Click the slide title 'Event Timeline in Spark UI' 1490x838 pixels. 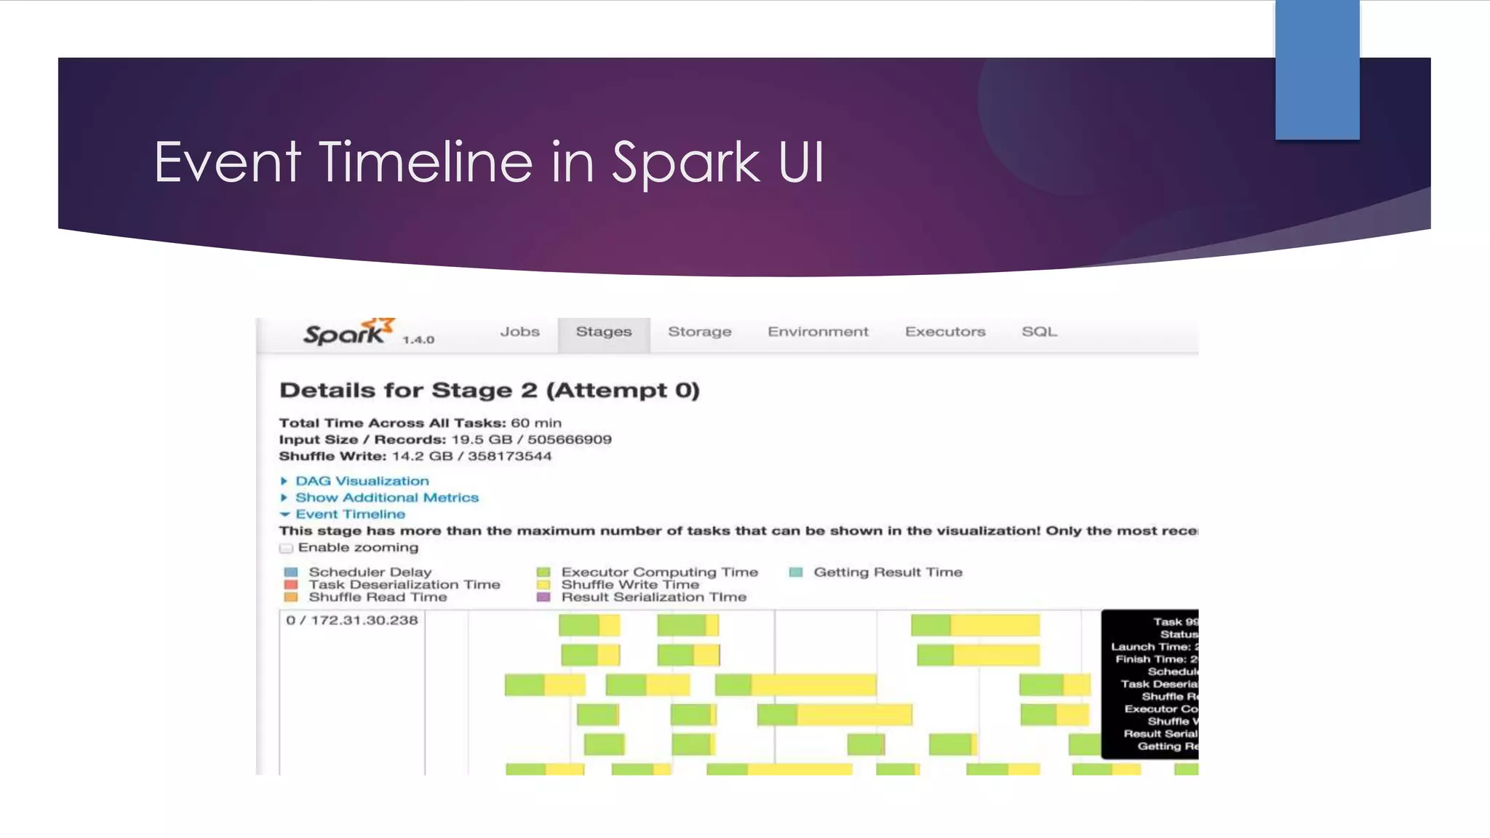[489, 161]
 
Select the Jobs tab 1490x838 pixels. [519, 332]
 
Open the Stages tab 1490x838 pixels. [603, 332]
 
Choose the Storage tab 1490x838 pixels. [699, 332]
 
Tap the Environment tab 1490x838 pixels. [818, 332]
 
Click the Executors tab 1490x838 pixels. [944, 332]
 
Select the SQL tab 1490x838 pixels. [1039, 332]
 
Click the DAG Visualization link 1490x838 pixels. [362, 481]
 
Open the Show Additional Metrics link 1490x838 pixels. [386, 498]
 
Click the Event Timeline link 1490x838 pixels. [350, 514]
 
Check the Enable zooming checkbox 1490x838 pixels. [286, 548]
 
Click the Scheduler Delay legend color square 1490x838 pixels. [291, 572]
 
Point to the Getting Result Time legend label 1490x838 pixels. [888, 572]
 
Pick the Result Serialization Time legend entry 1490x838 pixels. [653, 597]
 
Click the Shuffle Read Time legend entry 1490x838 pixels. [377, 597]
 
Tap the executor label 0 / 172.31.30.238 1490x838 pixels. [352, 620]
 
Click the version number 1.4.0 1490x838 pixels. [418, 340]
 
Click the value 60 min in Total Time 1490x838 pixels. [535, 423]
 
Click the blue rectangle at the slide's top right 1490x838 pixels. [1317, 69]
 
